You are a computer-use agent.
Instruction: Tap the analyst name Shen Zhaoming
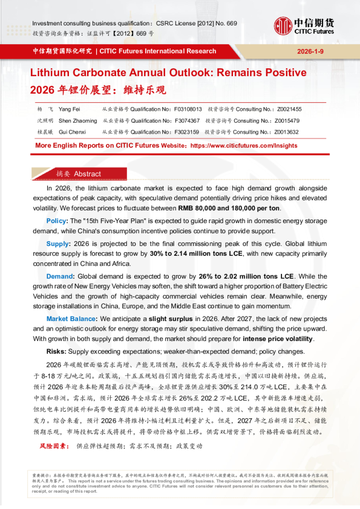point(77,120)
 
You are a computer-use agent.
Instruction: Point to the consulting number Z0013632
point(284,131)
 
